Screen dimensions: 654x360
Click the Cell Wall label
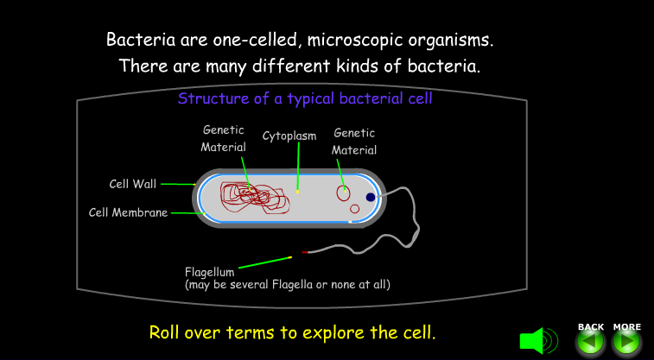pos(133,184)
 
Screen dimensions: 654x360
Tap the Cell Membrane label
pos(128,212)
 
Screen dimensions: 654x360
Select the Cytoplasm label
pos(289,136)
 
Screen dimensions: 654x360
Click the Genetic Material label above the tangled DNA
pos(223,138)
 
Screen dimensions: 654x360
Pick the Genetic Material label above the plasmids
pos(354,142)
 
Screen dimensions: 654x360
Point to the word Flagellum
pos(209,272)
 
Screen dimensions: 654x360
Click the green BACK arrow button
pos(591,342)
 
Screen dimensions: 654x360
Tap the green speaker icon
pos(538,341)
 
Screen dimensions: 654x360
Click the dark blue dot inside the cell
pos(371,197)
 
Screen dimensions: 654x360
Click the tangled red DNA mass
pos(254,197)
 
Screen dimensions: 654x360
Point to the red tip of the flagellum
pos(304,252)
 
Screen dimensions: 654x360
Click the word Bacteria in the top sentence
pos(141,40)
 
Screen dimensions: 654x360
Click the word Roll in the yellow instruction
pos(164,332)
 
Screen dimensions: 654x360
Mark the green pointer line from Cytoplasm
pos(298,167)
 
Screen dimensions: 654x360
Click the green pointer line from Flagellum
pos(265,262)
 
